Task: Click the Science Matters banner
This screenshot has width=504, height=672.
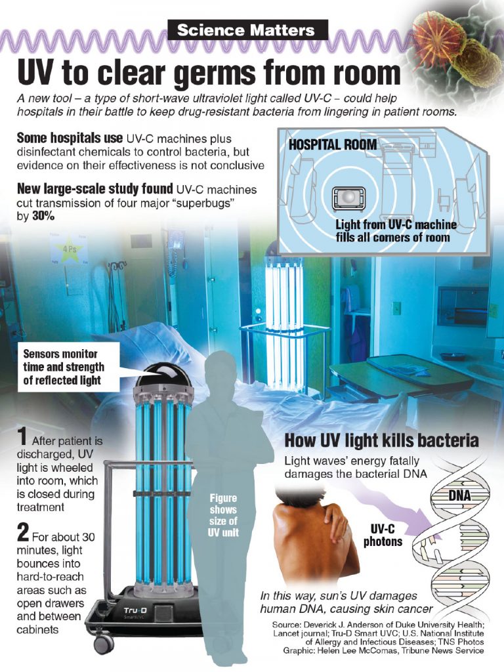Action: coord(247,30)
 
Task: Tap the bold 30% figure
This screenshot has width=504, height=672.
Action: coord(43,217)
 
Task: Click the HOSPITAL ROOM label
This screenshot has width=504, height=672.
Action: coord(333,145)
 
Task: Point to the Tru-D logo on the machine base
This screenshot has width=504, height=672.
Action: coord(135,610)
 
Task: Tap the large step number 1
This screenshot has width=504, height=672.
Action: coord(22,437)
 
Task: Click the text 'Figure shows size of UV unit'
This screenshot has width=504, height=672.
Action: coord(223,516)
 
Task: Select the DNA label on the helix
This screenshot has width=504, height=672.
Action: coord(459,496)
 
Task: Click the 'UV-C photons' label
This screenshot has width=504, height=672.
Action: coord(383,535)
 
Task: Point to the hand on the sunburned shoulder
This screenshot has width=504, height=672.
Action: coord(335,518)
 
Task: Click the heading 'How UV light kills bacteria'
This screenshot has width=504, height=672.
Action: coord(381,440)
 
